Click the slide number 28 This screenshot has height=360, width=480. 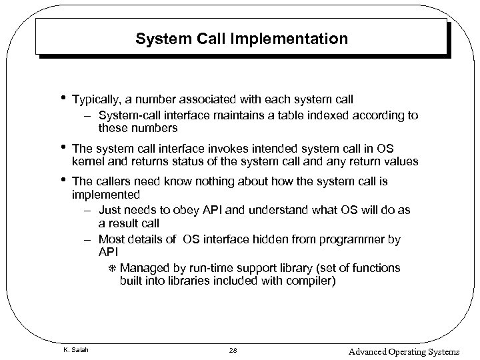coord(233,351)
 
